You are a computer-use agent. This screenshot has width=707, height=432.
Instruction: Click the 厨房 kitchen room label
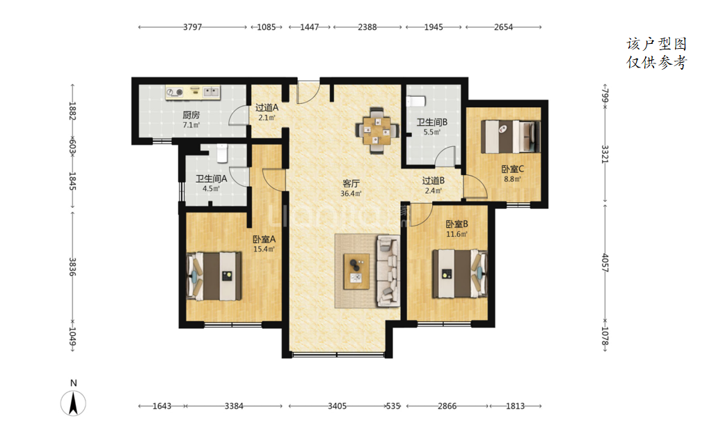click(x=191, y=115)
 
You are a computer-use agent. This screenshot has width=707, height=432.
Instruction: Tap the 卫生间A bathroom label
click(x=211, y=179)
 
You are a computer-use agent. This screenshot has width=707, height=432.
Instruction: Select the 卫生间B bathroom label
click(x=432, y=123)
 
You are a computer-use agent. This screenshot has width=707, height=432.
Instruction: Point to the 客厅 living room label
click(x=351, y=183)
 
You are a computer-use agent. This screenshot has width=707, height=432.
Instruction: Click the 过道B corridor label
click(x=434, y=180)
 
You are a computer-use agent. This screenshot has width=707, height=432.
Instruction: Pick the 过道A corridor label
click(x=267, y=107)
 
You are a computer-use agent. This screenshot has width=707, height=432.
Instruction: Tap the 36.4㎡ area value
click(x=351, y=194)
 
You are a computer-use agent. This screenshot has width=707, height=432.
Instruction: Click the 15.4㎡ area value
click(x=264, y=249)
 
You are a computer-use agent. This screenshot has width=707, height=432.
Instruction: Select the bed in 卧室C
click(x=510, y=137)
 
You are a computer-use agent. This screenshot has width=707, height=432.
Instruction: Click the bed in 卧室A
click(x=214, y=276)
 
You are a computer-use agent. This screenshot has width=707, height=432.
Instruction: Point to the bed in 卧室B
click(x=460, y=274)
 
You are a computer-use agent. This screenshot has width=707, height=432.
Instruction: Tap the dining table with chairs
click(x=377, y=131)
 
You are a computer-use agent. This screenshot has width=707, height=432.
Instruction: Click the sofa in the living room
click(x=388, y=270)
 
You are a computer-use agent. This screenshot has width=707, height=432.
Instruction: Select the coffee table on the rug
click(x=356, y=271)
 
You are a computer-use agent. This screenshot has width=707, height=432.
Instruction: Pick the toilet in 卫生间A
click(x=222, y=153)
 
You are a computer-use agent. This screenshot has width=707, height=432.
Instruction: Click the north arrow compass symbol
click(x=74, y=403)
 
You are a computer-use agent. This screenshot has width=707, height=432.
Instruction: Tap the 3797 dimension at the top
click(x=193, y=27)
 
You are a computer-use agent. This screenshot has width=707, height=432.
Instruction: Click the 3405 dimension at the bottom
click(x=337, y=406)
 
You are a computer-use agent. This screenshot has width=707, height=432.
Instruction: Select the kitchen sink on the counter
click(x=211, y=92)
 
